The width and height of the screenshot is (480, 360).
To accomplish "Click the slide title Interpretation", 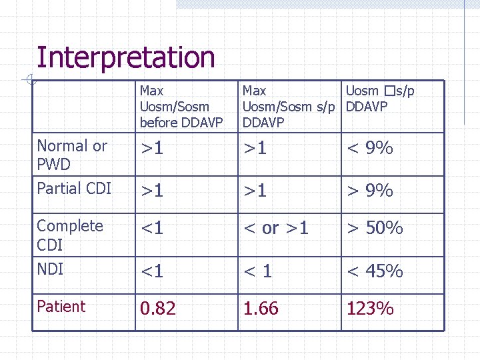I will (x=125, y=58).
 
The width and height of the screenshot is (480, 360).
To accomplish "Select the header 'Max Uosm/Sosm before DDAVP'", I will (x=174, y=107).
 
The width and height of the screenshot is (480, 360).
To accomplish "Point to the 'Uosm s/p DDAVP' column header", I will (x=379, y=99).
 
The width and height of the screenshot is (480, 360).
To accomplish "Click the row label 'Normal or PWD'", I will (x=72, y=155).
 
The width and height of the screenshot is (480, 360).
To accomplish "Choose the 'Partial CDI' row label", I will (x=74, y=189).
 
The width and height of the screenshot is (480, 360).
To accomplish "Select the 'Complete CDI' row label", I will (x=70, y=235).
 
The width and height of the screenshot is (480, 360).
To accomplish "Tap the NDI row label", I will (x=50, y=268).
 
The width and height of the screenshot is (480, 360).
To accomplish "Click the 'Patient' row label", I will (x=61, y=307).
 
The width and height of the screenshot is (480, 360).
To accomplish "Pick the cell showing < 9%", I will (x=369, y=148).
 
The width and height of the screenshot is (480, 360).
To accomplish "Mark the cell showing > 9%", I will (x=369, y=191).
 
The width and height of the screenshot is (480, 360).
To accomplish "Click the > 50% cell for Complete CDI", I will (x=375, y=228).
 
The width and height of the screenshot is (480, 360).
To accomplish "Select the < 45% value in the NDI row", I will (x=375, y=271).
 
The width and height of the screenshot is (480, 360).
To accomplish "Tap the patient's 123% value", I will (x=370, y=309).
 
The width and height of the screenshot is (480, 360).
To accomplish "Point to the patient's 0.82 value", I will (x=158, y=309).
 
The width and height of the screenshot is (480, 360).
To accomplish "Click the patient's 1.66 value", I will (x=261, y=309).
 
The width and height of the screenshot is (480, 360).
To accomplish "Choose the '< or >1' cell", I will (x=276, y=228).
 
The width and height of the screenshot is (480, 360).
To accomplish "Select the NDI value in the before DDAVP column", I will (x=152, y=271).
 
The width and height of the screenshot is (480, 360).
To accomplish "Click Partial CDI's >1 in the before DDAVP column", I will (x=152, y=191).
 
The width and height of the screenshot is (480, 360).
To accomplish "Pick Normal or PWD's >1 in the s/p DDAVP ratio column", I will (x=255, y=148).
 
